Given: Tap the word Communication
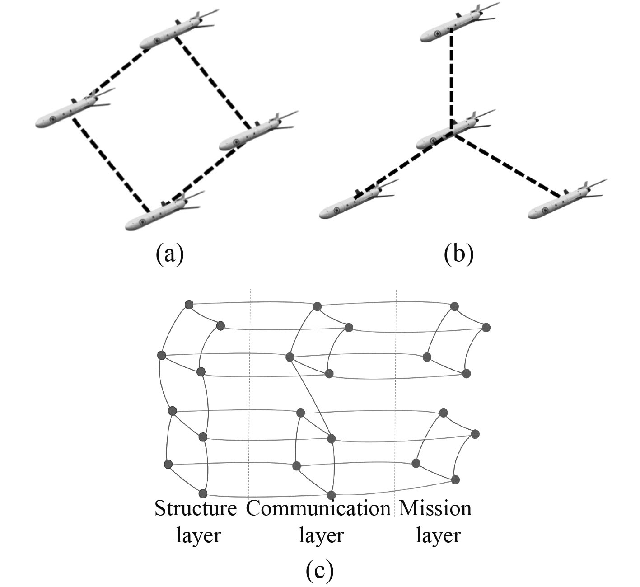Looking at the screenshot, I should point(318,508).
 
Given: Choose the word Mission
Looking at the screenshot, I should point(435,508).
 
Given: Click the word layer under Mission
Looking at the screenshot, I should point(438,536).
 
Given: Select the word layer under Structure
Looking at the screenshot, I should point(198,536).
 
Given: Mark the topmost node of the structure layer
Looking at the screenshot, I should point(189,305).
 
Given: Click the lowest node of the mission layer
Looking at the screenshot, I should point(455,479).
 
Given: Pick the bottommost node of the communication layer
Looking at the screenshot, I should point(332,494).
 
